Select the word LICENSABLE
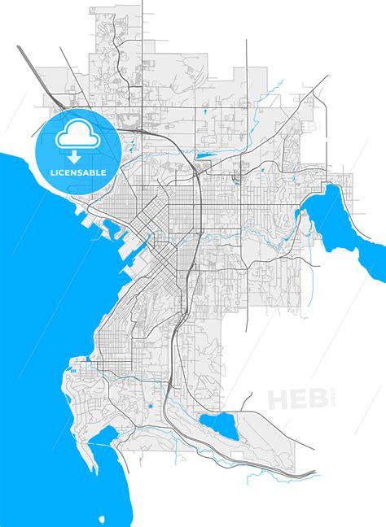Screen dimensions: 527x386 78,173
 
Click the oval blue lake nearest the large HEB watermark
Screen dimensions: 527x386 217,424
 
